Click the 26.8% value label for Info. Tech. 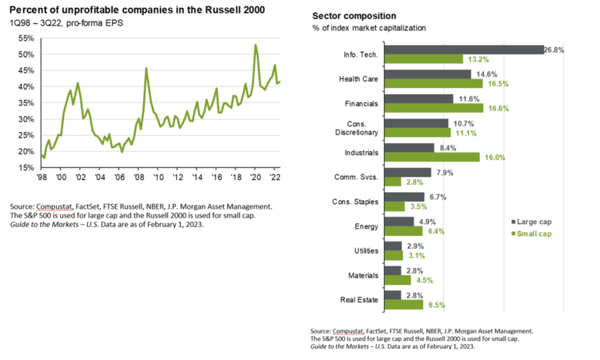point(555,49)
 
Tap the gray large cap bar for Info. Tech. point(464,49)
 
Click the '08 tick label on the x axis point(140,177)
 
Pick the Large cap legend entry point(534,221)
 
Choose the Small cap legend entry point(534,234)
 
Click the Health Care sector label point(358,78)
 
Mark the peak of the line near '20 point(255,45)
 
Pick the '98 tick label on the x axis point(42,177)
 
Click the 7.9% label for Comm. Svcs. point(444,172)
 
